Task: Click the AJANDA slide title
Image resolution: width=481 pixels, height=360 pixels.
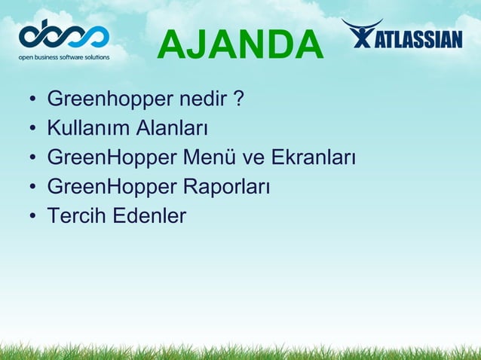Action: coord(240,44)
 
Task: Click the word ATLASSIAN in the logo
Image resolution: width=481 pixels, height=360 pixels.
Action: coord(418,38)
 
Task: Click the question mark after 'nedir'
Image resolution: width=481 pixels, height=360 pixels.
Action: coord(237,99)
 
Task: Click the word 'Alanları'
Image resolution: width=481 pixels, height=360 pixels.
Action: coord(171,129)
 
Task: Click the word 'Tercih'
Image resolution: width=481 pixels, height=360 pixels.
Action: coord(76,217)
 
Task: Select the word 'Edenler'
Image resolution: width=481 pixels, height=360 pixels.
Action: coord(149,217)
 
